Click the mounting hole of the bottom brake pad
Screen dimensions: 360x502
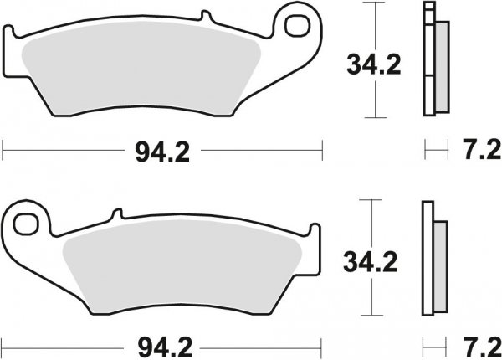coord(28,224)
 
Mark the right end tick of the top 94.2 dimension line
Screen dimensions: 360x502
coord(322,152)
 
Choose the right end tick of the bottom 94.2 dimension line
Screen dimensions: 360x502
coord(322,344)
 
